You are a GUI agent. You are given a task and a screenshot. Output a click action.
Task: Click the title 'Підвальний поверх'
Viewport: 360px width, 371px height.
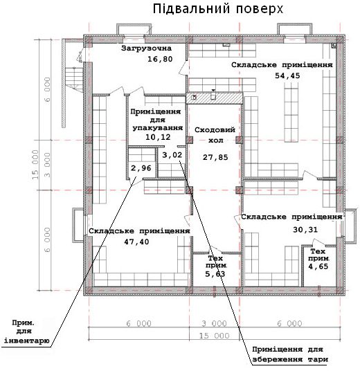[x=218, y=10]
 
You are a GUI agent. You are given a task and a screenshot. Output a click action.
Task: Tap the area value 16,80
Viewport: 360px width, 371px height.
[x=160, y=59]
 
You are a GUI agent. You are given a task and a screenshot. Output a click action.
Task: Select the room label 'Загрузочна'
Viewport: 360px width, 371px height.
[x=146, y=48]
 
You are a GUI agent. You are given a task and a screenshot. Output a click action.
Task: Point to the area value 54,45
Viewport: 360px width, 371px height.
[x=287, y=75]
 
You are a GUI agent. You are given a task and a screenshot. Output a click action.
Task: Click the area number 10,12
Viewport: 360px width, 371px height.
[x=158, y=137]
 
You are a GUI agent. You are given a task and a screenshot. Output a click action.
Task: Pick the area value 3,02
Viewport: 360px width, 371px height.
[x=172, y=155]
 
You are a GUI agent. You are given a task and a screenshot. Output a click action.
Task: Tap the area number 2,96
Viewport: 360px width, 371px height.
[x=141, y=168]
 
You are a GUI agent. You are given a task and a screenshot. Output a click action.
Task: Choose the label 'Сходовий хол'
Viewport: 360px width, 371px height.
[x=215, y=135]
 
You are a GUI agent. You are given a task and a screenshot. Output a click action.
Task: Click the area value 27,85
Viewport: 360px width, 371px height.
[x=215, y=157]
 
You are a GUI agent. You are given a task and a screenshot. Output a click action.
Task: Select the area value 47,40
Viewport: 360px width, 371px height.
[x=136, y=242]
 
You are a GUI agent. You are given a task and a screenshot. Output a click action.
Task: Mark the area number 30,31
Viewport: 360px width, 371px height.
[x=305, y=230]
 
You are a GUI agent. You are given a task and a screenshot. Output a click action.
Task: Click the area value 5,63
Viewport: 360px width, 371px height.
[x=215, y=274]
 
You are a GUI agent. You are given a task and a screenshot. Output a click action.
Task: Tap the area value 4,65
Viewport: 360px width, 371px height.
[x=318, y=266]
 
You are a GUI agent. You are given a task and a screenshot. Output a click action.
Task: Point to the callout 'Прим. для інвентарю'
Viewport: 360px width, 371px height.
[x=26, y=332]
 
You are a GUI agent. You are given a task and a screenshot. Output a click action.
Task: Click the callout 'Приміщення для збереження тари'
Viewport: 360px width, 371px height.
[x=290, y=354]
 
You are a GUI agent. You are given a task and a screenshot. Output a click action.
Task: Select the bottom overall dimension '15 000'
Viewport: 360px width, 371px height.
[x=215, y=336]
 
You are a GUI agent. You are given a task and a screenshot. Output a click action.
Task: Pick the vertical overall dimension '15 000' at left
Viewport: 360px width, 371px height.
[x=35, y=165]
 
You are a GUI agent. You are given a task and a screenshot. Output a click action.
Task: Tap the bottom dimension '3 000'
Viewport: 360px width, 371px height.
[x=215, y=323]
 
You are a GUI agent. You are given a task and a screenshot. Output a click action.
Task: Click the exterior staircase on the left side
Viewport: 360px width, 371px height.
[x=74, y=80]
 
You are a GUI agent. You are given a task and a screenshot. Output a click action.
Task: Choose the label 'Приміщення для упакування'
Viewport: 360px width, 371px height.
[x=157, y=120]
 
